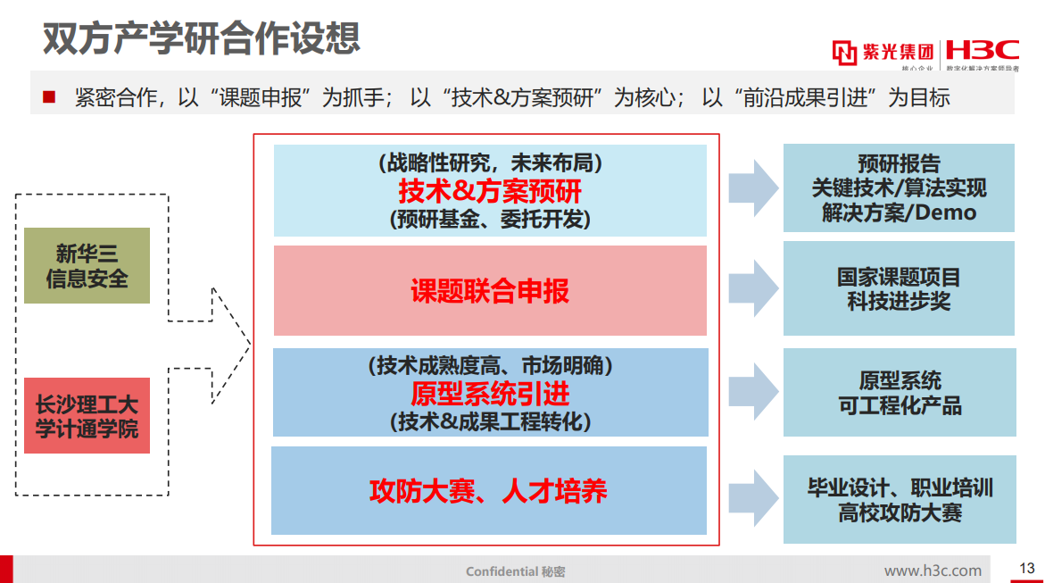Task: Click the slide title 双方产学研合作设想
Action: click(x=202, y=38)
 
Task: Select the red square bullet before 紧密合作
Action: click(x=49, y=96)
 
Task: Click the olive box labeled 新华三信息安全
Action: click(x=87, y=266)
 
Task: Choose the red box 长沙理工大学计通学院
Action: click(x=87, y=416)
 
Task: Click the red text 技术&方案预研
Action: click(x=490, y=190)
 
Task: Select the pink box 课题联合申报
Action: click(x=490, y=291)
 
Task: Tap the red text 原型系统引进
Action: click(x=490, y=393)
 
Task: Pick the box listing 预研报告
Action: click(x=899, y=188)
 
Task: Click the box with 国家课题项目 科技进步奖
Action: click(x=899, y=288)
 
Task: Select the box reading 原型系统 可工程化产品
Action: click(x=899, y=393)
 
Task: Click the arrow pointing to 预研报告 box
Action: click(x=753, y=188)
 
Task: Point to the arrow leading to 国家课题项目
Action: click(x=753, y=287)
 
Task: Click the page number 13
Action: click(x=1026, y=569)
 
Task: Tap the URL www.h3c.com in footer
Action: click(x=933, y=571)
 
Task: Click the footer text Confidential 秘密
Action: click(x=515, y=571)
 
